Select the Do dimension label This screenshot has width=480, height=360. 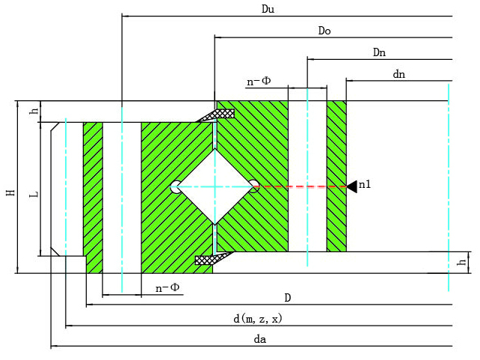click(324, 31)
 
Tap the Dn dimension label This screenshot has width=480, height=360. click(379, 52)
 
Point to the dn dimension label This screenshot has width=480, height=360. click(399, 74)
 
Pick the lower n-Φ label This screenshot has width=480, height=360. click(167, 287)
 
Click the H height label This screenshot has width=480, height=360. click(10, 192)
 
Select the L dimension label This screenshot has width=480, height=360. click(34, 195)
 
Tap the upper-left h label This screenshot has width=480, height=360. click(33, 112)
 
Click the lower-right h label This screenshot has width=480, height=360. click(462, 262)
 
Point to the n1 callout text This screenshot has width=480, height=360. click(365, 185)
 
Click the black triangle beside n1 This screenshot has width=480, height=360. click(351, 186)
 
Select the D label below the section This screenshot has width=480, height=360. click(287, 298)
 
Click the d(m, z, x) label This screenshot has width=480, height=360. click(257, 319)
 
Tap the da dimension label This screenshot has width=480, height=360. click(260, 339)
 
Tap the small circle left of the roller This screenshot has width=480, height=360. click(175, 186)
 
